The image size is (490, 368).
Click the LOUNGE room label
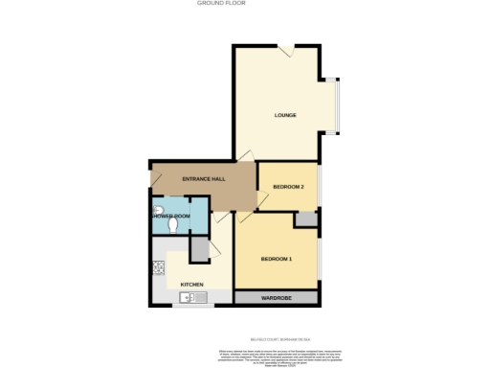(284, 116)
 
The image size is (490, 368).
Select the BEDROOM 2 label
(288, 186)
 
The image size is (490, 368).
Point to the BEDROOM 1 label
(277, 259)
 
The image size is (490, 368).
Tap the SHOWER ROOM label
(170, 217)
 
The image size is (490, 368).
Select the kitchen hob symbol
(158, 268)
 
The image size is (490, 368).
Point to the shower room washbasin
(157, 210)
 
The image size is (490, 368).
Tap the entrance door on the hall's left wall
(153, 178)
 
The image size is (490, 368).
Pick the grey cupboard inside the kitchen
(199, 247)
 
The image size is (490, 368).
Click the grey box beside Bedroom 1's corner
(306, 219)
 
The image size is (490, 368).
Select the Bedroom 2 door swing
(261, 197)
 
